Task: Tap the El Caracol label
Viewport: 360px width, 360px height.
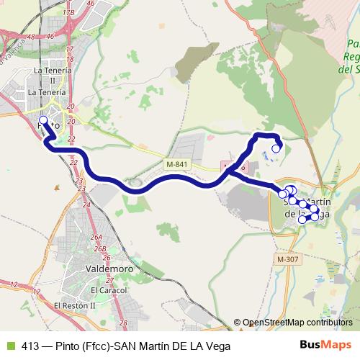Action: point(109,290)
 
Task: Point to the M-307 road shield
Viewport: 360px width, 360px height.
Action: point(287,258)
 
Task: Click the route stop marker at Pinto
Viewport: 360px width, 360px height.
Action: point(42,121)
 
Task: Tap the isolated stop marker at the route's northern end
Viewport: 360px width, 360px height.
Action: point(274,149)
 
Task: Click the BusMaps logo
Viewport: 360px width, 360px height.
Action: point(325,346)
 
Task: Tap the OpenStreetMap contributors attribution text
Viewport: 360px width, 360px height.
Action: point(297,322)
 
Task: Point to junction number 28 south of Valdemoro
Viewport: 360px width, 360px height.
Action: point(123,323)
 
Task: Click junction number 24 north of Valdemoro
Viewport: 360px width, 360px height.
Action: point(86,204)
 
